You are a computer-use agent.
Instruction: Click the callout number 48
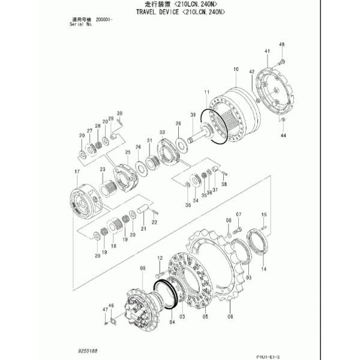click(x=281, y=45)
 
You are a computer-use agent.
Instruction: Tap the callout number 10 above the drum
click(x=236, y=70)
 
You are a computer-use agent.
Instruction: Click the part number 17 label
click(x=77, y=172)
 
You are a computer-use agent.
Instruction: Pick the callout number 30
click(x=119, y=113)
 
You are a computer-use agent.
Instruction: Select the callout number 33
click(x=162, y=131)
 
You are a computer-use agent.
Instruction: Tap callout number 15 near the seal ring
click(x=263, y=215)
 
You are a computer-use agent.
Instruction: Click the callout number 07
click(x=238, y=215)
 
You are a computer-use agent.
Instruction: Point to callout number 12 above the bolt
click(x=160, y=258)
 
